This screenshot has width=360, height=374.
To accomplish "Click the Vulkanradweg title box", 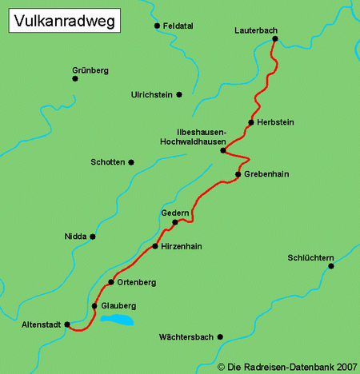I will pyautogui.click(x=63, y=22).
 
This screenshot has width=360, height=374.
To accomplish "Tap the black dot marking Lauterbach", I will pyautogui.click(x=274, y=38).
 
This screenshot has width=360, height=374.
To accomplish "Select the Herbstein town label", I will pyautogui.click(x=275, y=122).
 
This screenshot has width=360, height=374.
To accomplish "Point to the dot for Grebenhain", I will pyautogui.click(x=238, y=174).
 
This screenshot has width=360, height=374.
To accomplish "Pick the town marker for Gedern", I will pyautogui.click(x=174, y=222).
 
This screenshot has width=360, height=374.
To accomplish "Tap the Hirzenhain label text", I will pyautogui.click(x=182, y=247).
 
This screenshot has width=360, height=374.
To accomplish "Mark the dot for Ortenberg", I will pyautogui.click(x=111, y=283).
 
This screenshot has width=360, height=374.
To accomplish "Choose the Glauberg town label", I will pyautogui.click(x=119, y=306).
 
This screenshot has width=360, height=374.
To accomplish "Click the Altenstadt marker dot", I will pyautogui.click(x=67, y=324).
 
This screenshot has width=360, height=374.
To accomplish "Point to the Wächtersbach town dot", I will pyautogui.click(x=220, y=337).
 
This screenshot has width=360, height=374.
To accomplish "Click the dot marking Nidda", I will pyautogui.click(x=93, y=237).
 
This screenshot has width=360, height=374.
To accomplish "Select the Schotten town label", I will pyautogui.click(x=108, y=162).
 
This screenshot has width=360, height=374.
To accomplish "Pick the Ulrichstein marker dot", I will pyautogui.click(x=179, y=94).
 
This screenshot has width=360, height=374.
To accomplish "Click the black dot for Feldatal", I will pyautogui.click(x=157, y=26).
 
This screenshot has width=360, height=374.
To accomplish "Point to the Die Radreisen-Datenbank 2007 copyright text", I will pyautogui.click(x=287, y=367).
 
